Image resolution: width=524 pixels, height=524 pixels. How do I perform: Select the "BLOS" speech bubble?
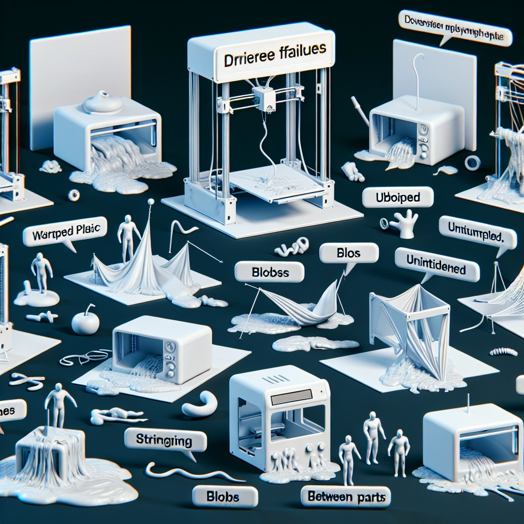coord(349,253)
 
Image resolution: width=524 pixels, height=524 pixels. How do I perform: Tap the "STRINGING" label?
coord(165,440)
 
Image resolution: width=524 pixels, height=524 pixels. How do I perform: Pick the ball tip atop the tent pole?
coord(151,202)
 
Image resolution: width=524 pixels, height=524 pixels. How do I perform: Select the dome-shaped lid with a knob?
coord(102,103)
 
